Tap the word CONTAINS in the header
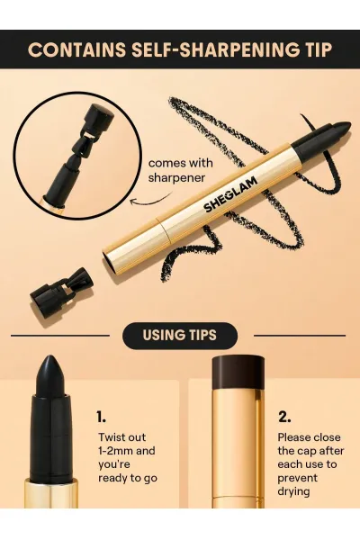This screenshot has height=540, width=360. click(77, 49)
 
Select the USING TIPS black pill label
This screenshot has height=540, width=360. click(180, 336)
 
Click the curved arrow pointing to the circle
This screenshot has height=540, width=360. click(150, 200)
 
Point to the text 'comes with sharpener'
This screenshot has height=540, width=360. click(181, 170)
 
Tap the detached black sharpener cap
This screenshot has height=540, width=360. click(61, 295)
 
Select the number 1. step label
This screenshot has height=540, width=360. click(101, 417)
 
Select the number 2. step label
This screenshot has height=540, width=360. click(284, 417)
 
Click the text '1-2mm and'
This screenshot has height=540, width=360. click(127, 451)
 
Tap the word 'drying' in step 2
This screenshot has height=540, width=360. click(293, 491)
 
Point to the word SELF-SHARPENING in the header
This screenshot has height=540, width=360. click(214, 49)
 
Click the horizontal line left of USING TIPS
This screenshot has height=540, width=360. click(60, 336)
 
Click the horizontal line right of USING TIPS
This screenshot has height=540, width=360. click(300, 336)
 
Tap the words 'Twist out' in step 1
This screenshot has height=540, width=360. click(122, 437)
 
